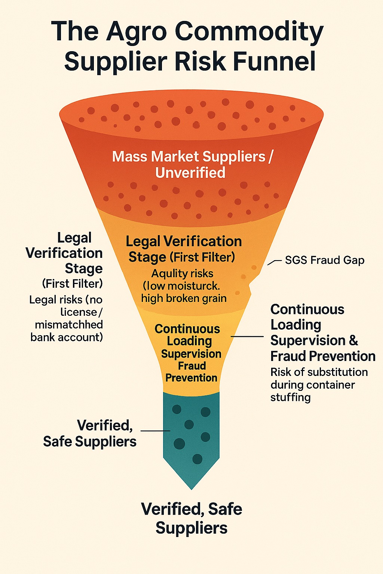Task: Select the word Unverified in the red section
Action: point(190,173)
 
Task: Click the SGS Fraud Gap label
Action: point(324,260)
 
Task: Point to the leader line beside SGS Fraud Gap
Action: point(274,262)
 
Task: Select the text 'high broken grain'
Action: point(184,298)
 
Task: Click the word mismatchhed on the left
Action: point(69,324)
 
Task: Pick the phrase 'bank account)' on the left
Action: point(67,337)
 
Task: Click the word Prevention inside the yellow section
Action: point(191,378)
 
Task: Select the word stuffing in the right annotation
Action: point(290,397)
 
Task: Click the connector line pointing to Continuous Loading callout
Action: point(247,337)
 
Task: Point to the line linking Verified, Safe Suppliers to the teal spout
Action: point(155,431)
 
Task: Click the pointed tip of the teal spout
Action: point(191,487)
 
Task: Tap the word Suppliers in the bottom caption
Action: point(191,528)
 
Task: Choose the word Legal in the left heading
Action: point(74,238)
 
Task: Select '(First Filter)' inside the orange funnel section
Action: point(202,257)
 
